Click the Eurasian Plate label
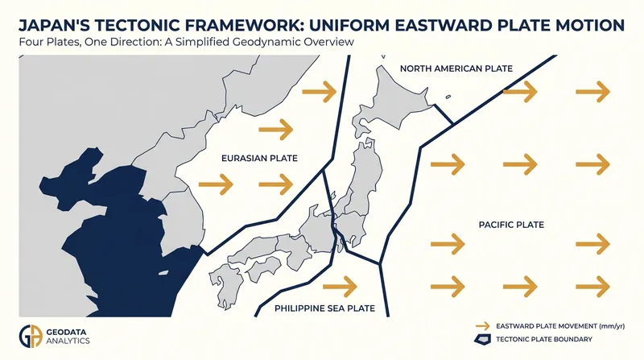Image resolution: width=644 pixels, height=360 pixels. tap(259, 158)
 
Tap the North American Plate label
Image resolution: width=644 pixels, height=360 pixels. tap(456, 68)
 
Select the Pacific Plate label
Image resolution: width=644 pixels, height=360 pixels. tap(511, 225)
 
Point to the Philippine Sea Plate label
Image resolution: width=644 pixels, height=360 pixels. tap(325, 308)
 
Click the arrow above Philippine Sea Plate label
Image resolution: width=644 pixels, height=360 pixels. tap(340, 286)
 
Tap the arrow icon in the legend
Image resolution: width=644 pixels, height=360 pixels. tap(482, 326)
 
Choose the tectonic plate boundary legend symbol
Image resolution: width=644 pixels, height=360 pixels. tap(482, 339)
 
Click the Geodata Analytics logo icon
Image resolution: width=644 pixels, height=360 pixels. tap(31, 336)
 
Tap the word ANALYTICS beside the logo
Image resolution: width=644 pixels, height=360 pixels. tap(68, 341)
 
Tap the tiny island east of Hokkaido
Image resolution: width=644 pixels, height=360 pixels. tap(448, 97)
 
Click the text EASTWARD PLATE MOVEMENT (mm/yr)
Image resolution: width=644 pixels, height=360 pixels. tap(560, 326)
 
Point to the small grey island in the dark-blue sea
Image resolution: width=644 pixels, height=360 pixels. tap(163, 272)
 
